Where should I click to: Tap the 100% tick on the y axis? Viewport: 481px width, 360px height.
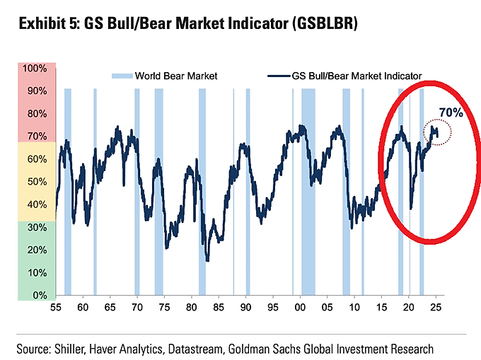(x=34, y=69)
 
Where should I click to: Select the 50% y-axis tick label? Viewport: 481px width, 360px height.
(x=36, y=182)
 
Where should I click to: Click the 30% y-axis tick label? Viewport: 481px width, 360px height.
(x=36, y=227)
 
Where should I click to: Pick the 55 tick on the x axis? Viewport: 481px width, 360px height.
(x=56, y=308)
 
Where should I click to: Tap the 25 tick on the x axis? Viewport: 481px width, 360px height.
(x=436, y=308)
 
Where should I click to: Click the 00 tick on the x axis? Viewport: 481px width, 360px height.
(x=300, y=308)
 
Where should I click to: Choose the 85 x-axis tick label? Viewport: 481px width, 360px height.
(x=219, y=308)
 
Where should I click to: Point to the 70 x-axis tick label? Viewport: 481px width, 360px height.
(x=137, y=308)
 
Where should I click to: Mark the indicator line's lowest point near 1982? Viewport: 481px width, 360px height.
(x=207, y=260)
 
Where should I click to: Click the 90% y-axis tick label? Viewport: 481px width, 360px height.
(x=36, y=91)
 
